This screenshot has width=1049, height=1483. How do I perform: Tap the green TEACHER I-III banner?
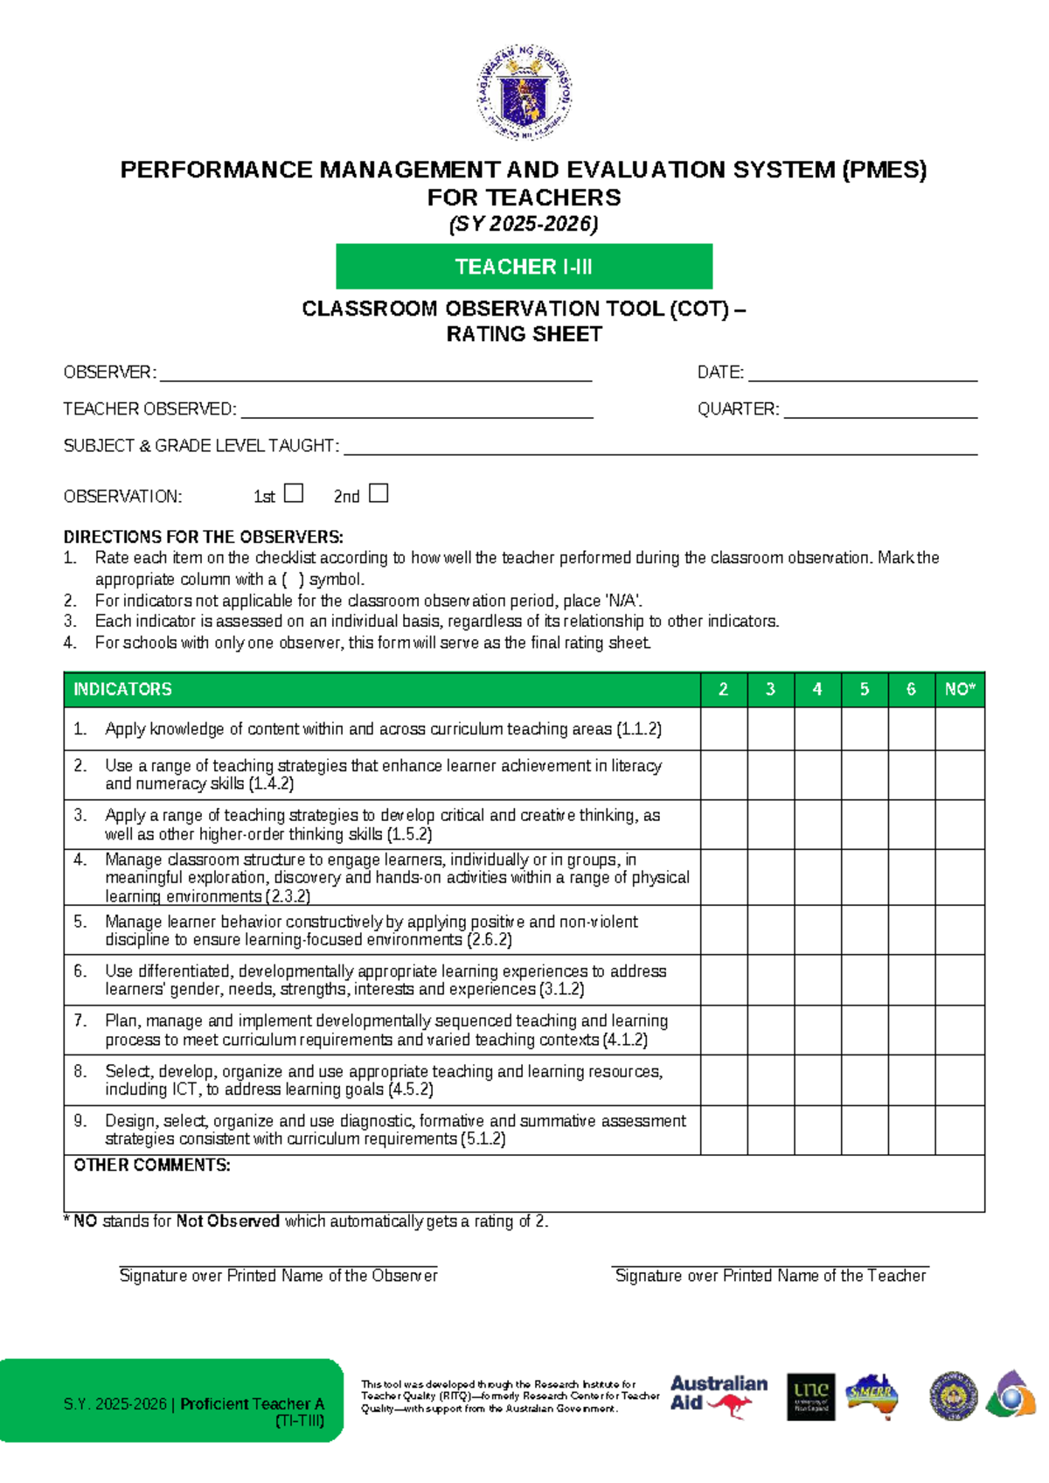(524, 267)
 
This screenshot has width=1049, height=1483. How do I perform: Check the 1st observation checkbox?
(294, 493)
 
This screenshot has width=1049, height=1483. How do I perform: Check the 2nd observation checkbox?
(379, 493)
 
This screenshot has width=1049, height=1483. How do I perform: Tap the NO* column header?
(960, 689)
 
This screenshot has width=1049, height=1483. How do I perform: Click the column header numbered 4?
(817, 689)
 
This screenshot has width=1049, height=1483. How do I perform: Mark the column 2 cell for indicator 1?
(724, 729)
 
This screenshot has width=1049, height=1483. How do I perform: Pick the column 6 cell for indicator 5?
(911, 929)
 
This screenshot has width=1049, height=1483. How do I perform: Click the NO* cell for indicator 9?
(960, 1130)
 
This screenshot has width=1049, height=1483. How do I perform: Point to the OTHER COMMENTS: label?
(152, 1166)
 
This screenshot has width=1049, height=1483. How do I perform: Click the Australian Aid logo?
(719, 1396)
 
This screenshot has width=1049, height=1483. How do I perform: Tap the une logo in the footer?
(810, 1396)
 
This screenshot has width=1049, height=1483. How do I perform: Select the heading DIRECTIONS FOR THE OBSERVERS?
(203, 537)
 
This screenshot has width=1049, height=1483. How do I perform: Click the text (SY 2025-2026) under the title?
(524, 224)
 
